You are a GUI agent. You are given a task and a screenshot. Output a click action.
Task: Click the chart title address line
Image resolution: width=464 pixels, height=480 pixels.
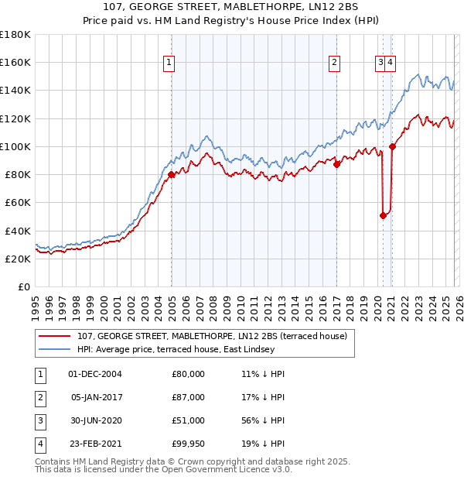(x=231, y=8)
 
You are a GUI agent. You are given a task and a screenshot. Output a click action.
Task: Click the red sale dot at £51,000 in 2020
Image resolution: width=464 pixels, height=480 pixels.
(x=383, y=216)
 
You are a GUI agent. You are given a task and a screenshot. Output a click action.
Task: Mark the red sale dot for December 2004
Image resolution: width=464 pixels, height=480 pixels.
(x=171, y=175)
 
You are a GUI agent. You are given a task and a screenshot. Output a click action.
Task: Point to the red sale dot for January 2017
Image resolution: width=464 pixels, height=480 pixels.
(x=336, y=165)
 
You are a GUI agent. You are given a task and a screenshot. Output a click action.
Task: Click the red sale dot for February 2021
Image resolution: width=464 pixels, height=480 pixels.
(x=392, y=146)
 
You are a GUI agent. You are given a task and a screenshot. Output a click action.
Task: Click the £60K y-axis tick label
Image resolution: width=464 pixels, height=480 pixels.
(x=18, y=203)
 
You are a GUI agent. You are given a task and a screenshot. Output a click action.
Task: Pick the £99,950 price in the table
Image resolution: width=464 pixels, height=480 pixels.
(x=188, y=444)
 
